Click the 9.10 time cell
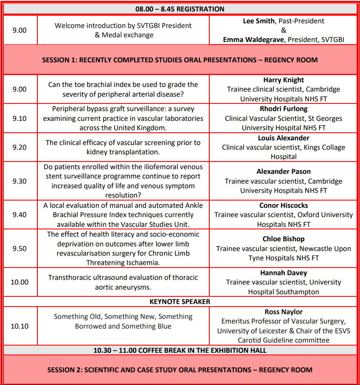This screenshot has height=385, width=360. [20, 118]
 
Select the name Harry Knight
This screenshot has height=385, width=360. [284, 80]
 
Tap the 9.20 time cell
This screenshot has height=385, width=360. [20, 147]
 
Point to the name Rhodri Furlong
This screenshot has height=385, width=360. [284, 109]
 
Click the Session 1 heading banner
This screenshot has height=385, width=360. [180, 60]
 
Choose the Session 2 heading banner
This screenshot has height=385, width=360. [180, 370]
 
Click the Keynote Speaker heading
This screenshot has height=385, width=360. [180, 301]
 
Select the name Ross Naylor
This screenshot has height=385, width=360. [284, 312]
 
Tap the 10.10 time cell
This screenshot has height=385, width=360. [20, 326]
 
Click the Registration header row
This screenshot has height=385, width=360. [180, 9]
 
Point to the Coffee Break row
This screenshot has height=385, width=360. [180, 350]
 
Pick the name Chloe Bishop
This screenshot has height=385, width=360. [284, 239]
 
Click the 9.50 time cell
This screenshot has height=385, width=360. [20, 248]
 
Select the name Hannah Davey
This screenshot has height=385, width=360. [284, 273]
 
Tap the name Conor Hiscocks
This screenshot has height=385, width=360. [284, 205]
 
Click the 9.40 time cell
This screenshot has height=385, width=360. [20, 215]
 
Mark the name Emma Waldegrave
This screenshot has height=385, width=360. [254, 39]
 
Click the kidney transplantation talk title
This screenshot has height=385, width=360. [123, 147]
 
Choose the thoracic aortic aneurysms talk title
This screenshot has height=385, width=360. [123, 282]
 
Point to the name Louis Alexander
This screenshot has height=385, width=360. [284, 138]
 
